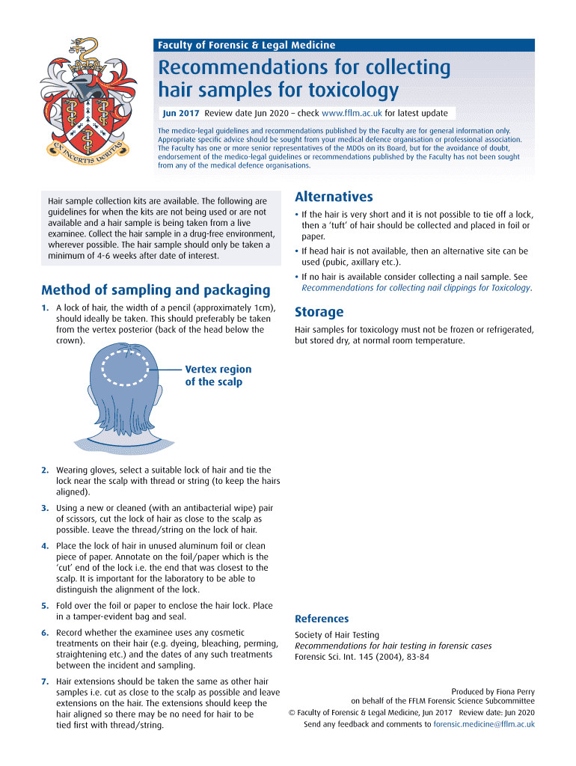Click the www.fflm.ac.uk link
[352, 113]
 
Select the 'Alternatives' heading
[334, 197]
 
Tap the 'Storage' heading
[319, 312]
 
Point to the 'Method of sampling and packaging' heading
[156, 289]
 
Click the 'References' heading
[322, 619]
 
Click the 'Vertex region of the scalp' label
[218, 376]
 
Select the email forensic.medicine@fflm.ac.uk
[484, 724]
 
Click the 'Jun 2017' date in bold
[182, 113]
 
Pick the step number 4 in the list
[45, 545]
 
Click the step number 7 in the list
[45, 681]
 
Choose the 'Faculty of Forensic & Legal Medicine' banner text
[246, 46]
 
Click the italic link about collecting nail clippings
[415, 287]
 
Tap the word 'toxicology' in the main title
[346, 91]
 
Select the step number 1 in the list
[45, 307]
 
